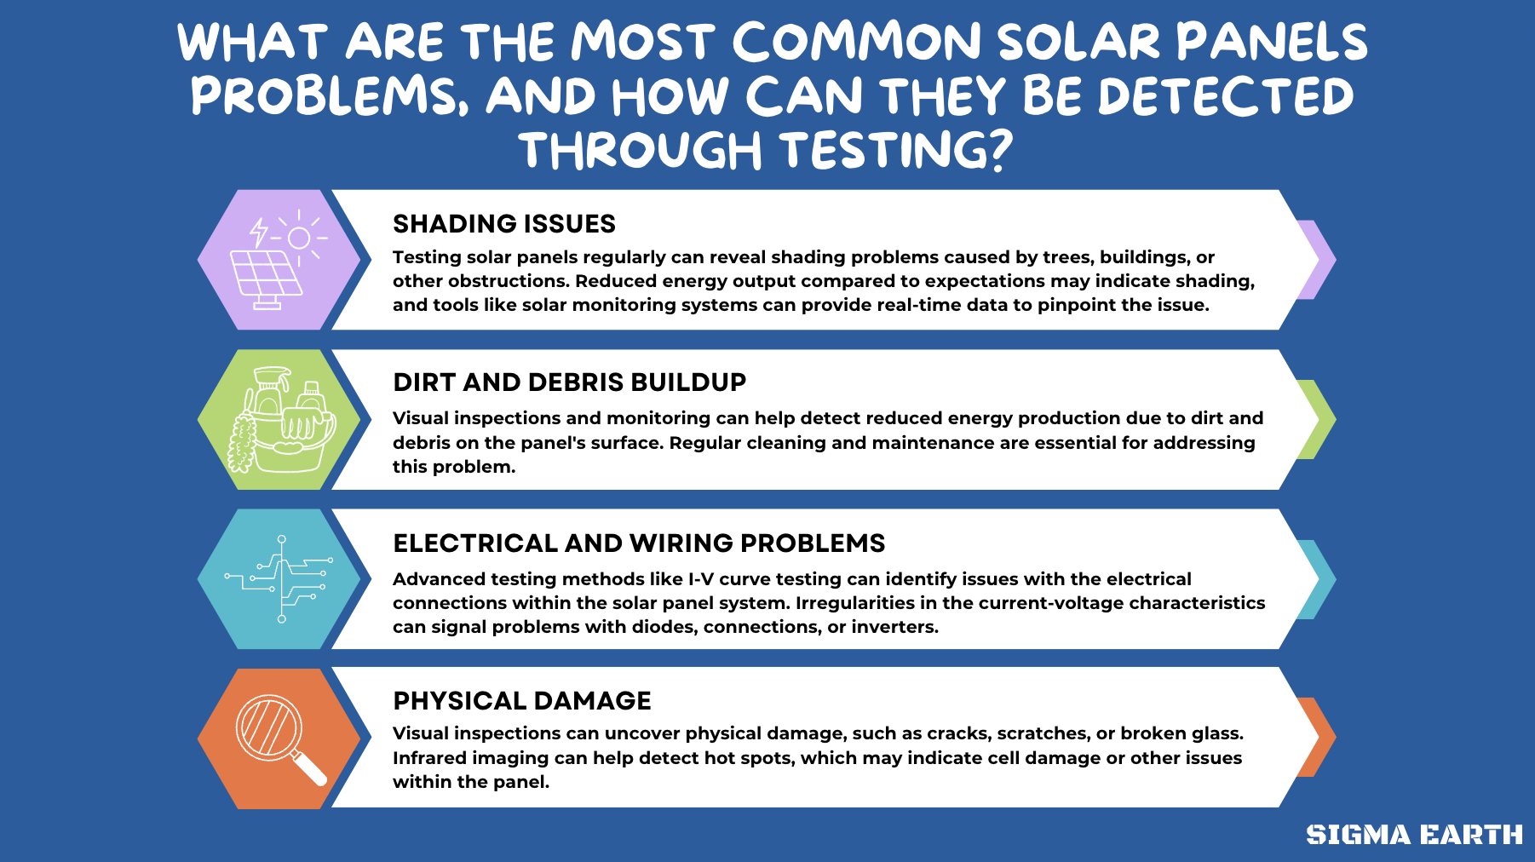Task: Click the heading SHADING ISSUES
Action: [x=503, y=224]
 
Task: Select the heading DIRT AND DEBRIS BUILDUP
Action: [x=569, y=382]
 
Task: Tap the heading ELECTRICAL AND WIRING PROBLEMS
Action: [x=639, y=543]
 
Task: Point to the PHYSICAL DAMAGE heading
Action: [x=521, y=701]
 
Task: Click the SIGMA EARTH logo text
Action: [x=1414, y=835]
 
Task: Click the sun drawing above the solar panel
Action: [x=299, y=238]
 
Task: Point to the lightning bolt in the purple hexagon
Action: [x=258, y=232]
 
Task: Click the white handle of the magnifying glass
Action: [x=310, y=768]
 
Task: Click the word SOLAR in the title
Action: [x=1078, y=43]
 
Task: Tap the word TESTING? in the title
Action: [x=896, y=151]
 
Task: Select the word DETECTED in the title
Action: [x=1226, y=96]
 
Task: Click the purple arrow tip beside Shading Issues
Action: [x=1317, y=260]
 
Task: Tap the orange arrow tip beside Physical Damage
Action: [x=1317, y=737]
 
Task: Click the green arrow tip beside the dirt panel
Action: [x=1317, y=419]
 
